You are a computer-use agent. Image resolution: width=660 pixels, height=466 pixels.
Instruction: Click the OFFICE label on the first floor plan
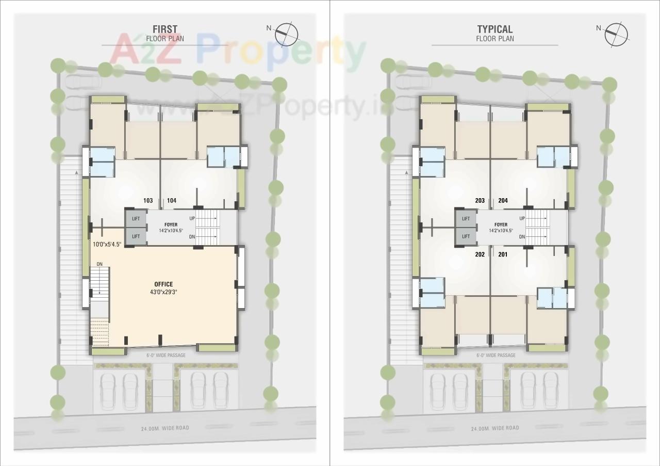click(163, 284)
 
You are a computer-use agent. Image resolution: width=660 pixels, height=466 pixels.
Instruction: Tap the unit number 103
click(148, 201)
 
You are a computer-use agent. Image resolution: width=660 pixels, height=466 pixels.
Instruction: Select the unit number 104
click(172, 201)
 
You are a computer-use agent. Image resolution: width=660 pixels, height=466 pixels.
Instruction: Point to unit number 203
click(480, 201)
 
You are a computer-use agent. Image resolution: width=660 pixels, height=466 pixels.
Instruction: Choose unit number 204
click(503, 201)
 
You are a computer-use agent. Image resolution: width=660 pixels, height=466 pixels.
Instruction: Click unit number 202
click(480, 254)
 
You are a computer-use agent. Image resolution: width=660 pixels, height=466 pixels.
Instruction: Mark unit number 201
click(503, 254)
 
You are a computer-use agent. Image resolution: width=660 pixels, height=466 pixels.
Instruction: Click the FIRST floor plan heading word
click(165, 29)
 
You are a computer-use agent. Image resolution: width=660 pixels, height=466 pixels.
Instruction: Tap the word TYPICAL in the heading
click(495, 29)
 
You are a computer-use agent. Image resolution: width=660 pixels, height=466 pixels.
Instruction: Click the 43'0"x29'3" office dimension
click(163, 292)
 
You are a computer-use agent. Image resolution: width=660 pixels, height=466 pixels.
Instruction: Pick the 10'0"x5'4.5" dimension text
click(107, 244)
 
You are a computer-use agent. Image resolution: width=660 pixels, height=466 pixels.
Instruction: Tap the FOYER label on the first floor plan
click(171, 224)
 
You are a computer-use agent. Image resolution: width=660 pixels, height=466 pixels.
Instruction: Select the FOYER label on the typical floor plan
click(501, 224)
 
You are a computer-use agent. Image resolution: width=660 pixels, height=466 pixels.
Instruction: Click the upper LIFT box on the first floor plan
click(136, 219)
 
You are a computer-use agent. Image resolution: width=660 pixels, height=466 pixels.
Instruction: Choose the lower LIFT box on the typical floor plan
click(466, 236)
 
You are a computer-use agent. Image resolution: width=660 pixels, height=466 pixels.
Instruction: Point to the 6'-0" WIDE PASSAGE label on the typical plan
click(496, 355)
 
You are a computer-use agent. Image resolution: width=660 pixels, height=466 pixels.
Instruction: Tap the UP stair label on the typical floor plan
click(522, 218)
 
